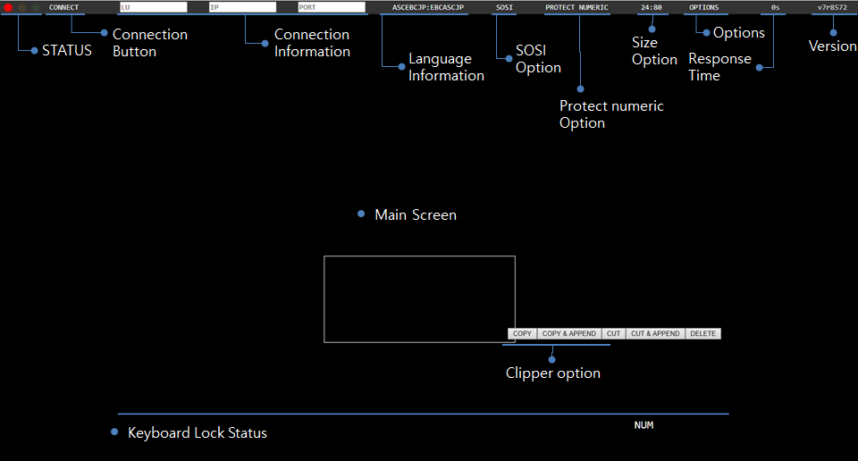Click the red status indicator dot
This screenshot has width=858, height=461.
(x=8, y=7)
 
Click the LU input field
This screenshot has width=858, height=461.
(x=153, y=7)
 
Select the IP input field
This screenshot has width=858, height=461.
(x=242, y=7)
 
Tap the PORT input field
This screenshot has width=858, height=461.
(x=332, y=7)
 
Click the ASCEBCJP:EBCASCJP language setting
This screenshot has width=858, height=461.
(x=428, y=7)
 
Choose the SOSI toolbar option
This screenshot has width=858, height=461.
(x=504, y=7)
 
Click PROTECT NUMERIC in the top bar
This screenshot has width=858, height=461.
(x=576, y=7)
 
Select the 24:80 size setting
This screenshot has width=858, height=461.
(x=651, y=7)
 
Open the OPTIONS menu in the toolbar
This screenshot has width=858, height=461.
(x=703, y=7)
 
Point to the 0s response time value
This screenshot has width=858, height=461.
(x=775, y=7)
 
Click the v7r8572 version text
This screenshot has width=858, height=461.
(x=832, y=7)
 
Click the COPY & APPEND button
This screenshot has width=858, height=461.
(x=568, y=334)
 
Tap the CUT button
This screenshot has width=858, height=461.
(x=613, y=334)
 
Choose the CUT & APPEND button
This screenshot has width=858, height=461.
(x=655, y=334)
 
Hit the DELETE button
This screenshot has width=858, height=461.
(x=703, y=334)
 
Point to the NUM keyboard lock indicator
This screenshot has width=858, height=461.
(x=643, y=425)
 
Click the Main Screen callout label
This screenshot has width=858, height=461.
(x=416, y=214)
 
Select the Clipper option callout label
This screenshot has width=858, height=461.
(x=553, y=373)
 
